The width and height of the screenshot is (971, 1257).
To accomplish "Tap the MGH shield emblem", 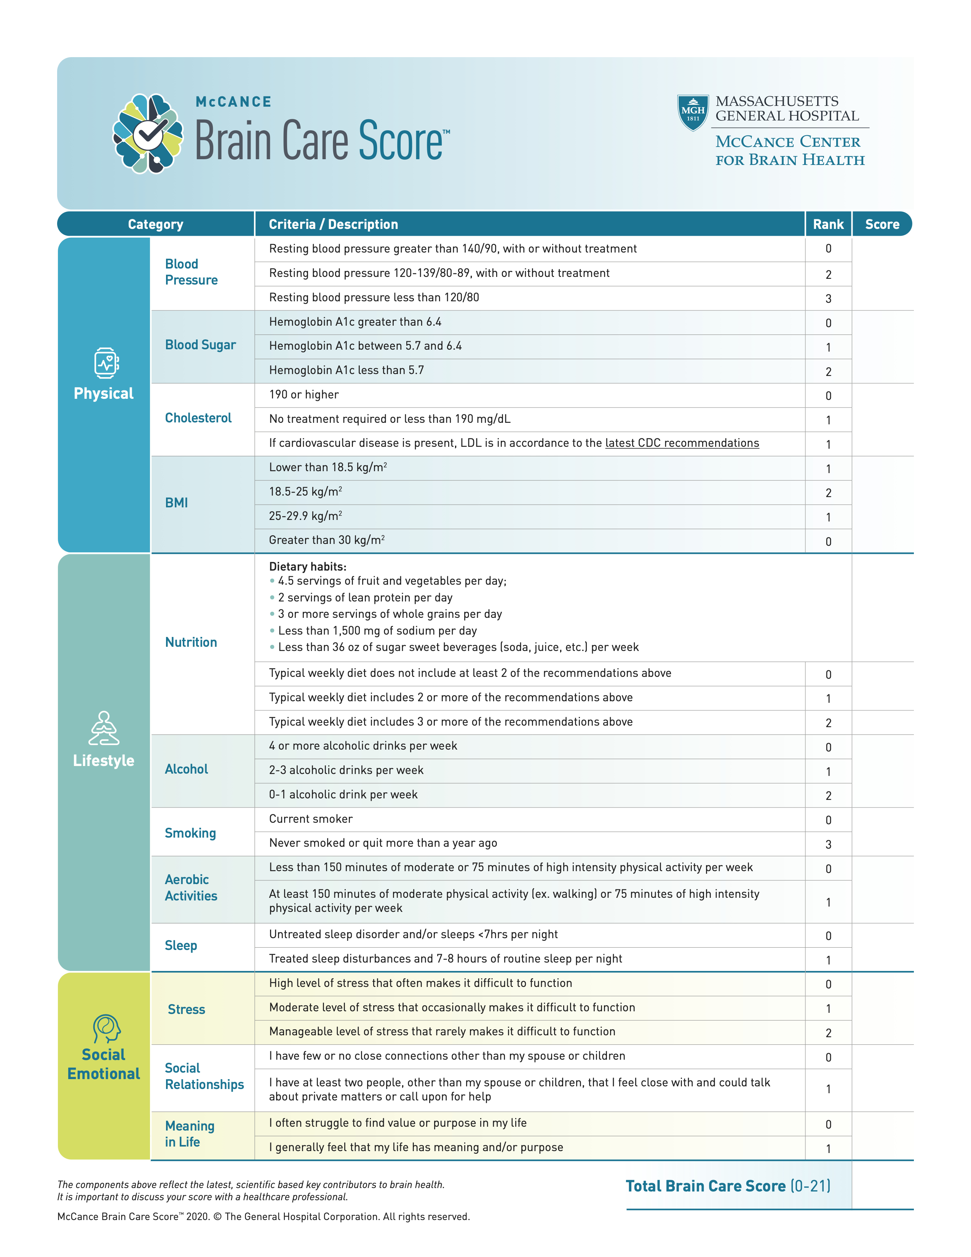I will [693, 113].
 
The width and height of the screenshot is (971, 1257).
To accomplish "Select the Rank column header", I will [828, 224].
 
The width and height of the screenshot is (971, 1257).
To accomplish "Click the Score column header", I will [882, 224].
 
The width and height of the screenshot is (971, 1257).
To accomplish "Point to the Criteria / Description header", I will [334, 224].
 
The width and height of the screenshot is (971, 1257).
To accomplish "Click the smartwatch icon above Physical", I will [106, 363].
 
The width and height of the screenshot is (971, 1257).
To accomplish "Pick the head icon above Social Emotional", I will [106, 1028].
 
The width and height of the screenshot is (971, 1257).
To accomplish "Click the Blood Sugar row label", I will [200, 345].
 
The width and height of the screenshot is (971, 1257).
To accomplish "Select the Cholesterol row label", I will [198, 418].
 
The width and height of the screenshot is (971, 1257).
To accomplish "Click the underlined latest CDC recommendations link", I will [682, 443].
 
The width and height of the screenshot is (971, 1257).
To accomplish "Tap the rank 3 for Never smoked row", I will [828, 844].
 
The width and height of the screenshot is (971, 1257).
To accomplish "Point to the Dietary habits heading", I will [308, 566].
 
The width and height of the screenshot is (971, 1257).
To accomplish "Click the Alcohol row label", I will [186, 769].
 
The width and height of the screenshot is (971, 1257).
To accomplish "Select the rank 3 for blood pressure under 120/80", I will [828, 299].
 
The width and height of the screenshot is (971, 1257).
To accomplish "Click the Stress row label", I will [186, 1009].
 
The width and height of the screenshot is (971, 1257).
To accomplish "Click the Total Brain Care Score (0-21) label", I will [728, 1186].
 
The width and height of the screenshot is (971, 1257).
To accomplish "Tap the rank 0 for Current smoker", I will [828, 820].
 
